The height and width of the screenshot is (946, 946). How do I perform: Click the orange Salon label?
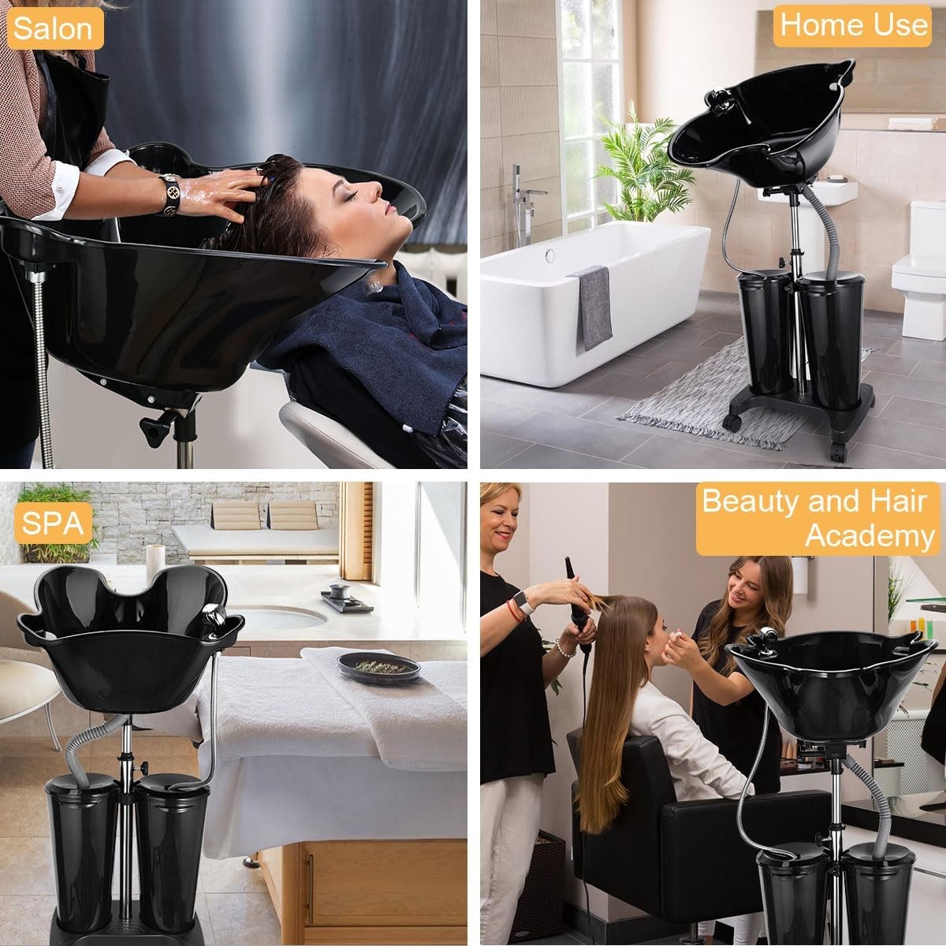[x=53, y=28]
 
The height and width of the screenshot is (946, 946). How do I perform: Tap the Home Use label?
[x=853, y=25]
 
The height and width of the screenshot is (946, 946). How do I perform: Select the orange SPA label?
[x=53, y=523]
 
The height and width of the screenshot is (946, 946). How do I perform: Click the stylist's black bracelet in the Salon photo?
[x=170, y=195]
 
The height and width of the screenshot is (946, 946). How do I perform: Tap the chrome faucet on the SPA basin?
[x=215, y=615]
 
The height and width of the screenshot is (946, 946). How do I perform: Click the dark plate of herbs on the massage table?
[x=378, y=667]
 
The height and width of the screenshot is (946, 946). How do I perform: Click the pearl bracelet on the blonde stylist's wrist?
[x=566, y=648]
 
